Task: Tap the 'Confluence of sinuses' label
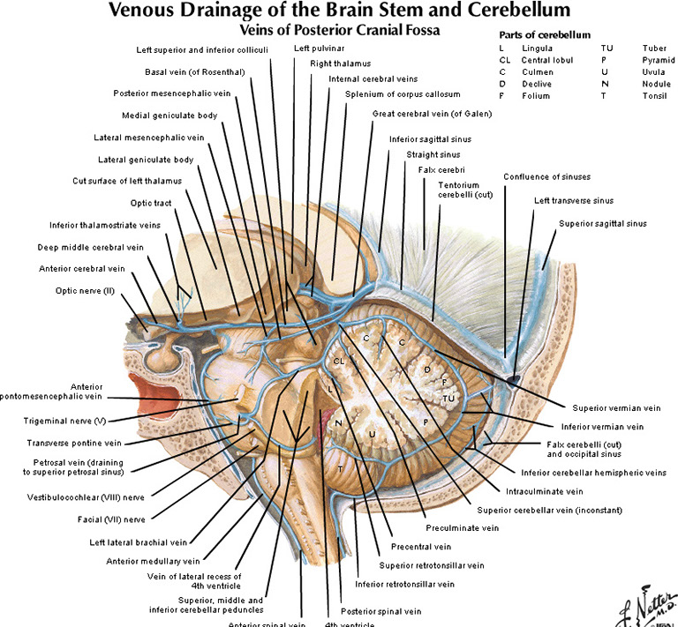[546, 176]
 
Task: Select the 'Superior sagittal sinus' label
[602, 224]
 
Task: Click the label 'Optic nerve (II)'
[78, 289]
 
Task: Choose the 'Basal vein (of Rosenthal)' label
[195, 71]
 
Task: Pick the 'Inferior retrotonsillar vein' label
[404, 584]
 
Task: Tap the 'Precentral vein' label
[416, 547]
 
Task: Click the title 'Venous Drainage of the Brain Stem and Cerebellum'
[338, 11]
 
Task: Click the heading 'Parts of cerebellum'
[544, 34]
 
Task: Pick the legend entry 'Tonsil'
[655, 95]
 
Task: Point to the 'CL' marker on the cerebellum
[339, 361]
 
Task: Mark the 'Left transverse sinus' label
[573, 200]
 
